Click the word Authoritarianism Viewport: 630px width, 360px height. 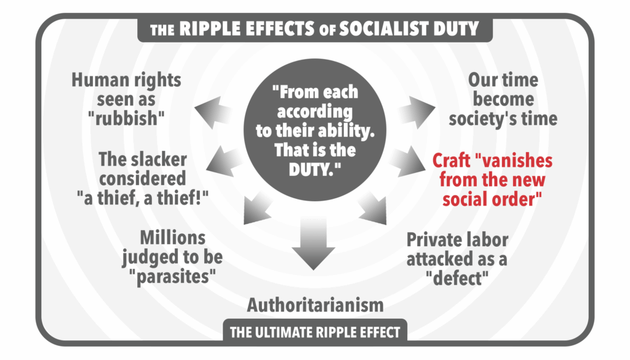pos(315,304)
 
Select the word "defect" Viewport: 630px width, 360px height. pos(457,278)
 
